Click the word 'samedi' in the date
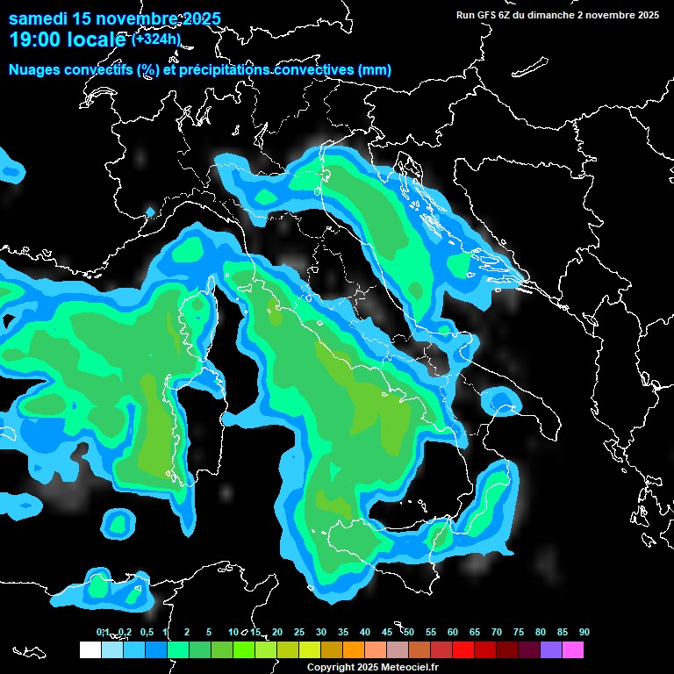(38, 18)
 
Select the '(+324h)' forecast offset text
(156, 39)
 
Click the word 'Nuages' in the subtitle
(35, 69)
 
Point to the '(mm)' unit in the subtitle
(375, 69)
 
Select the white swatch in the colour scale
(90, 650)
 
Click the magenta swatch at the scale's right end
(573, 650)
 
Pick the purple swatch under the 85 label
(551, 650)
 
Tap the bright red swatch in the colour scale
(463, 650)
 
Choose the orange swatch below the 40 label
(353, 650)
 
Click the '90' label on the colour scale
(584, 633)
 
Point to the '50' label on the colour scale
(408, 633)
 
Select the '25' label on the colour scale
(298, 633)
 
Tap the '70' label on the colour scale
(496, 633)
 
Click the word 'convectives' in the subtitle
(312, 69)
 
